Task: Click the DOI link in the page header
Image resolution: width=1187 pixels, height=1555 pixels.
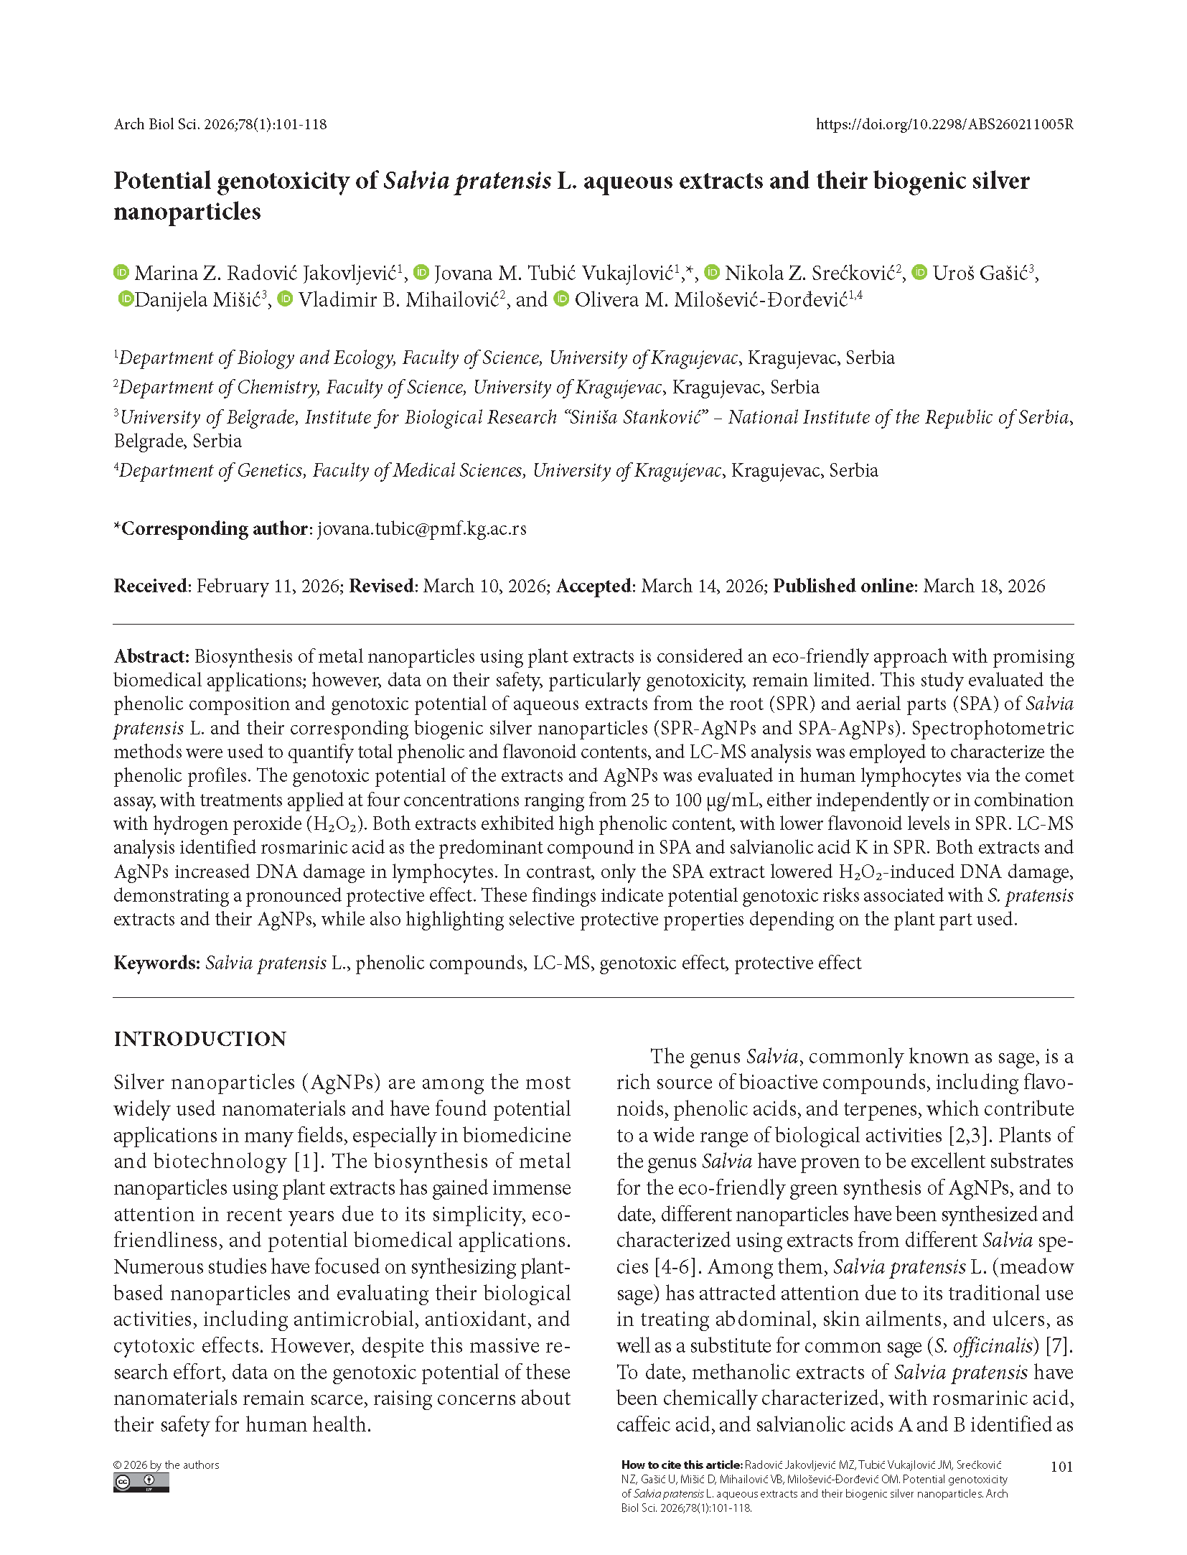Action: [x=944, y=124]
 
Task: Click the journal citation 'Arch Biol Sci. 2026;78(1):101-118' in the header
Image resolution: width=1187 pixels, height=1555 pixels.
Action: [x=220, y=124]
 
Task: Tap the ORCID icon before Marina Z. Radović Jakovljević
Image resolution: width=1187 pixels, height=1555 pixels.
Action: [x=121, y=272]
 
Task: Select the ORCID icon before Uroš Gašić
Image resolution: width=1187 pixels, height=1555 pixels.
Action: [x=919, y=272]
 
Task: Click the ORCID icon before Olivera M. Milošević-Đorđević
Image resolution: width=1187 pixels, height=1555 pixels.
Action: [x=562, y=299]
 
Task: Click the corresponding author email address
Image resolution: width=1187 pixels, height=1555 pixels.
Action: [x=421, y=528]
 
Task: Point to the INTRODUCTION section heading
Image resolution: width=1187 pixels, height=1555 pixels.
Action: [x=200, y=1039]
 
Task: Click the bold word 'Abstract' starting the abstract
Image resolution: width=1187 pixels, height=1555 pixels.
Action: [x=150, y=656]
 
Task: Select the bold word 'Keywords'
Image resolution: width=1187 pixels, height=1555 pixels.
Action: [x=156, y=963]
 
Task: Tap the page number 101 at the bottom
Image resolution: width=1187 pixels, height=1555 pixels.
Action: [x=1061, y=1466]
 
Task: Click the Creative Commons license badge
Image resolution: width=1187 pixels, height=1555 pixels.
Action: [x=141, y=1482]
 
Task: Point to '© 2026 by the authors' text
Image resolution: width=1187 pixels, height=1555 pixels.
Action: [x=166, y=1465]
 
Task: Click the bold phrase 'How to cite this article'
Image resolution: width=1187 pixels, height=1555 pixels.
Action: [x=681, y=1465]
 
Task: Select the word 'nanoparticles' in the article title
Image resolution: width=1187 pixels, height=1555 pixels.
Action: [x=187, y=212]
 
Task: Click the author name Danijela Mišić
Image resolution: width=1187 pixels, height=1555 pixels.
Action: [x=197, y=299]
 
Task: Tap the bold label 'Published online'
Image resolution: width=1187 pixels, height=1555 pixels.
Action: [x=843, y=586]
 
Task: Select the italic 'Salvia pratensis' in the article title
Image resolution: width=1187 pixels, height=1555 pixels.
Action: [x=467, y=180]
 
